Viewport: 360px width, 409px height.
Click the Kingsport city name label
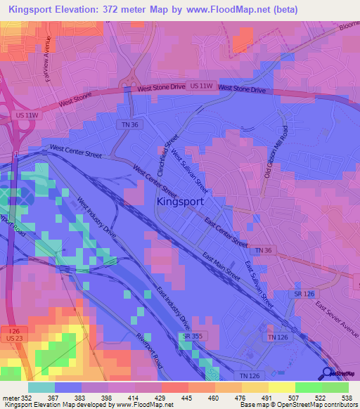tap(179, 201)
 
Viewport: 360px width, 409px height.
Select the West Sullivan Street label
tap(190, 171)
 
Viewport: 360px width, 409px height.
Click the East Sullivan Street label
tap(259, 283)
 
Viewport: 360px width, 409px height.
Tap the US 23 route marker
tap(10, 339)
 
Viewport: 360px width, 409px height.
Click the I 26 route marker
tap(10, 330)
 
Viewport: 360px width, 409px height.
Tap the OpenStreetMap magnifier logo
tap(328, 372)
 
